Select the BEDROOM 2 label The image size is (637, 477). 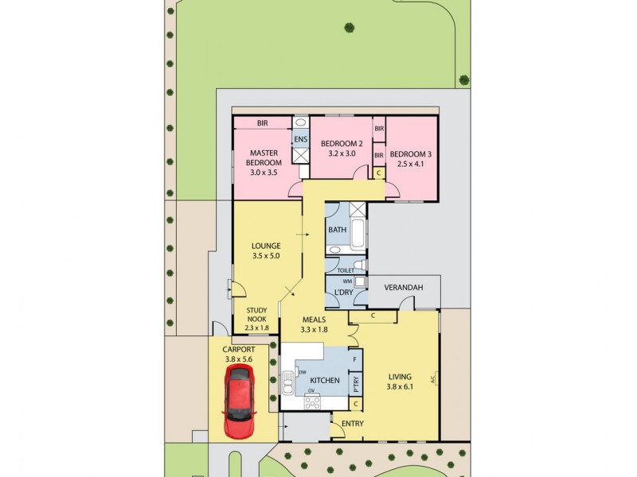tap(342, 143)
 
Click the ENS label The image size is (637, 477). tap(300, 140)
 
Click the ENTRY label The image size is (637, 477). tap(352, 423)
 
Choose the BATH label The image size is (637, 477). tap(337, 230)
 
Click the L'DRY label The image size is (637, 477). tap(344, 293)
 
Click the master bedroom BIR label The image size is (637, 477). tap(262, 123)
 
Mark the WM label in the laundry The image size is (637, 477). tap(346, 281)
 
